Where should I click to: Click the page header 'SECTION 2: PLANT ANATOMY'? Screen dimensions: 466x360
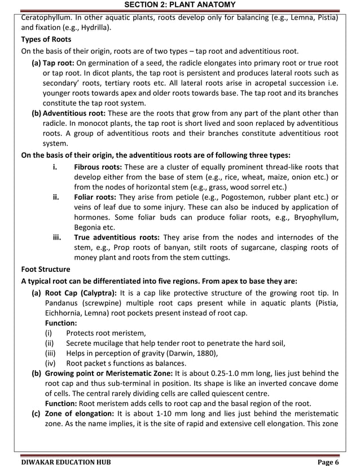[x=179, y=6]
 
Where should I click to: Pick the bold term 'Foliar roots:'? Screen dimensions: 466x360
[x=95, y=197]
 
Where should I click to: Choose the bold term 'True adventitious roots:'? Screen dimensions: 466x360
[x=117, y=238]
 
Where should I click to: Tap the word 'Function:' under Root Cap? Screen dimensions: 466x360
[x=61, y=323]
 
